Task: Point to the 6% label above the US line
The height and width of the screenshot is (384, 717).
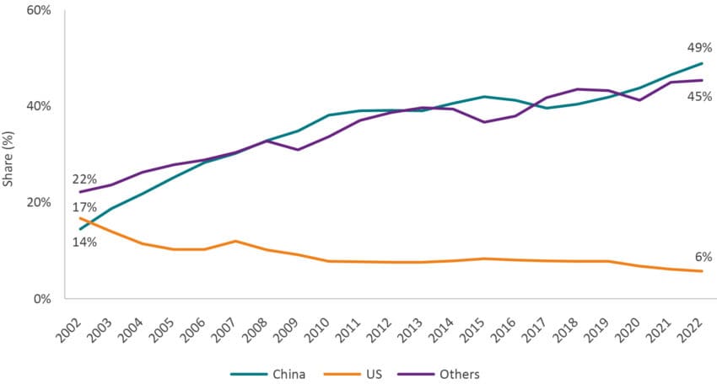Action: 704,256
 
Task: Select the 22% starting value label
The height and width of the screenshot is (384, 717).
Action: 84,179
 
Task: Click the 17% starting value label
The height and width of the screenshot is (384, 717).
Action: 84,207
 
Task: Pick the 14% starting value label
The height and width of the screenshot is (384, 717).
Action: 84,242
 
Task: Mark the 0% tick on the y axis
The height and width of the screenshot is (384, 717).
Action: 42,299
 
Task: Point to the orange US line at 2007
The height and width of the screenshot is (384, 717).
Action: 236,242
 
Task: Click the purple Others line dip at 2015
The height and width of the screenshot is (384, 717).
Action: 482,122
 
